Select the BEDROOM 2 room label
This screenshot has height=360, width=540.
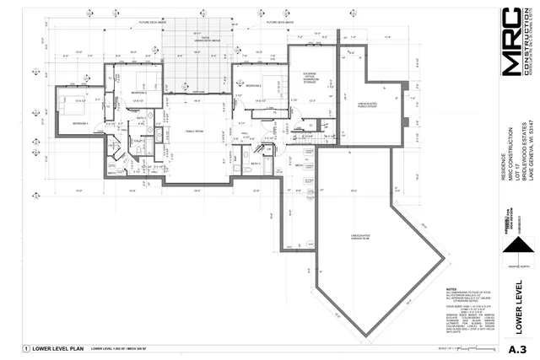pyautogui.click(x=251, y=85)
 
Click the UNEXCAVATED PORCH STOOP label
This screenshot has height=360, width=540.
pyautogui.click(x=365, y=106)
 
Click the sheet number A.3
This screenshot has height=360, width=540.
pyautogui.click(x=517, y=349)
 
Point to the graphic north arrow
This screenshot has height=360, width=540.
pyautogui.click(x=516, y=248)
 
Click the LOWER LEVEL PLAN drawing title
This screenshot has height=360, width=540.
pyautogui.click(x=59, y=348)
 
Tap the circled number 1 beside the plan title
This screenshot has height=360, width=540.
pyautogui.click(x=26, y=348)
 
